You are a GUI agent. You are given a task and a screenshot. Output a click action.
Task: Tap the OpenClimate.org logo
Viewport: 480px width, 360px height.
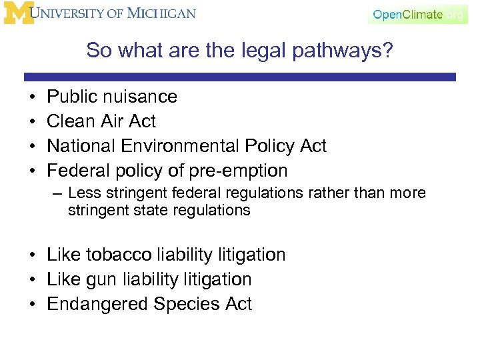[417, 15]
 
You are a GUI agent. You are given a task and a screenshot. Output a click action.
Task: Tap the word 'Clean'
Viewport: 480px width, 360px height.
[71, 121]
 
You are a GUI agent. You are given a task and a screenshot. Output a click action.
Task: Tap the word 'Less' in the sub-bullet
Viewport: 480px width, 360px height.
[81, 193]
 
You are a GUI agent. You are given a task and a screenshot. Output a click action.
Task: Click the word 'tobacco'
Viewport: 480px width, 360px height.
[117, 255]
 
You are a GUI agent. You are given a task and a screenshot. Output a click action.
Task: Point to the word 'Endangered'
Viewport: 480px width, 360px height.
[97, 304]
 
